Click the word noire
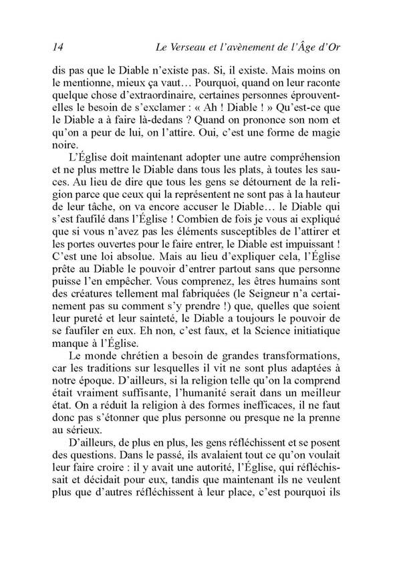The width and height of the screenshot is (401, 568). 64,146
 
